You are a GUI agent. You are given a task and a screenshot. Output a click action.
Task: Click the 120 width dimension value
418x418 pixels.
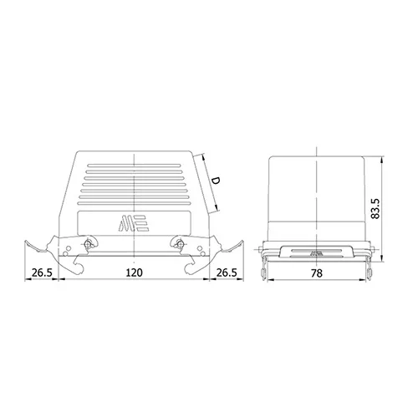[x=134, y=273]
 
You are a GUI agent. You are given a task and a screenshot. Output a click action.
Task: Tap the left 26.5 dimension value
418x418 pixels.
[x=42, y=273]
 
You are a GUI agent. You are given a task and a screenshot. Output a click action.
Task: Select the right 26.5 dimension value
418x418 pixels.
[x=227, y=273]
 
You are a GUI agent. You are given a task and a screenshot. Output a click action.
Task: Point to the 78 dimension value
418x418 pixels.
[x=317, y=273]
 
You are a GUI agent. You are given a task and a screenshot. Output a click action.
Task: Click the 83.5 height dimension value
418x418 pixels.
[x=375, y=208]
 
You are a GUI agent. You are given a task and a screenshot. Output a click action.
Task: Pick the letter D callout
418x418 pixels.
[x=215, y=181]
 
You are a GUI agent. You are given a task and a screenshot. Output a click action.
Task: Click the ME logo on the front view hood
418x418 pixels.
[x=134, y=223]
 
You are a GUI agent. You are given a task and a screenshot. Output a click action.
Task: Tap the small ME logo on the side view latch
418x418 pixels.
[x=316, y=253]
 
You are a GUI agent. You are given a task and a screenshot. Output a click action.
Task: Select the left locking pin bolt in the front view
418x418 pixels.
[x=89, y=244]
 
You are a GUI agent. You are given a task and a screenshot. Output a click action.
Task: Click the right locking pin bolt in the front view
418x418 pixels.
[x=180, y=244]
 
